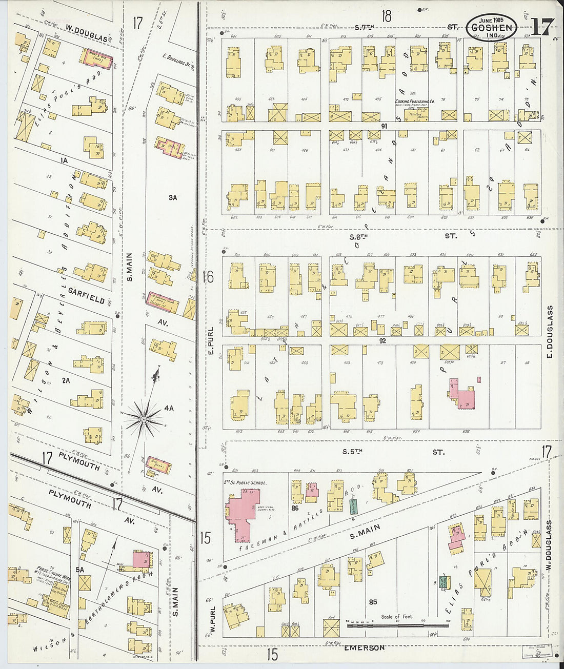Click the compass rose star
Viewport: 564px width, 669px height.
coord(144,419)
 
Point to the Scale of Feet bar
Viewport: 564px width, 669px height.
coord(397,625)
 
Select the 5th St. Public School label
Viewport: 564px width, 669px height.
coord(241,483)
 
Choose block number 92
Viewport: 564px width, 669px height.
coord(382,340)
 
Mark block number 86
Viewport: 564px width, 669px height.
coord(294,509)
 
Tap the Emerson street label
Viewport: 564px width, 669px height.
coord(364,648)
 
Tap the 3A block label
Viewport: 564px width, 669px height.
coord(172,197)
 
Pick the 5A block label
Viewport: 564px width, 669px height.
coord(80,569)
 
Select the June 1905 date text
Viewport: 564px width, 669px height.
coord(491,19)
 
